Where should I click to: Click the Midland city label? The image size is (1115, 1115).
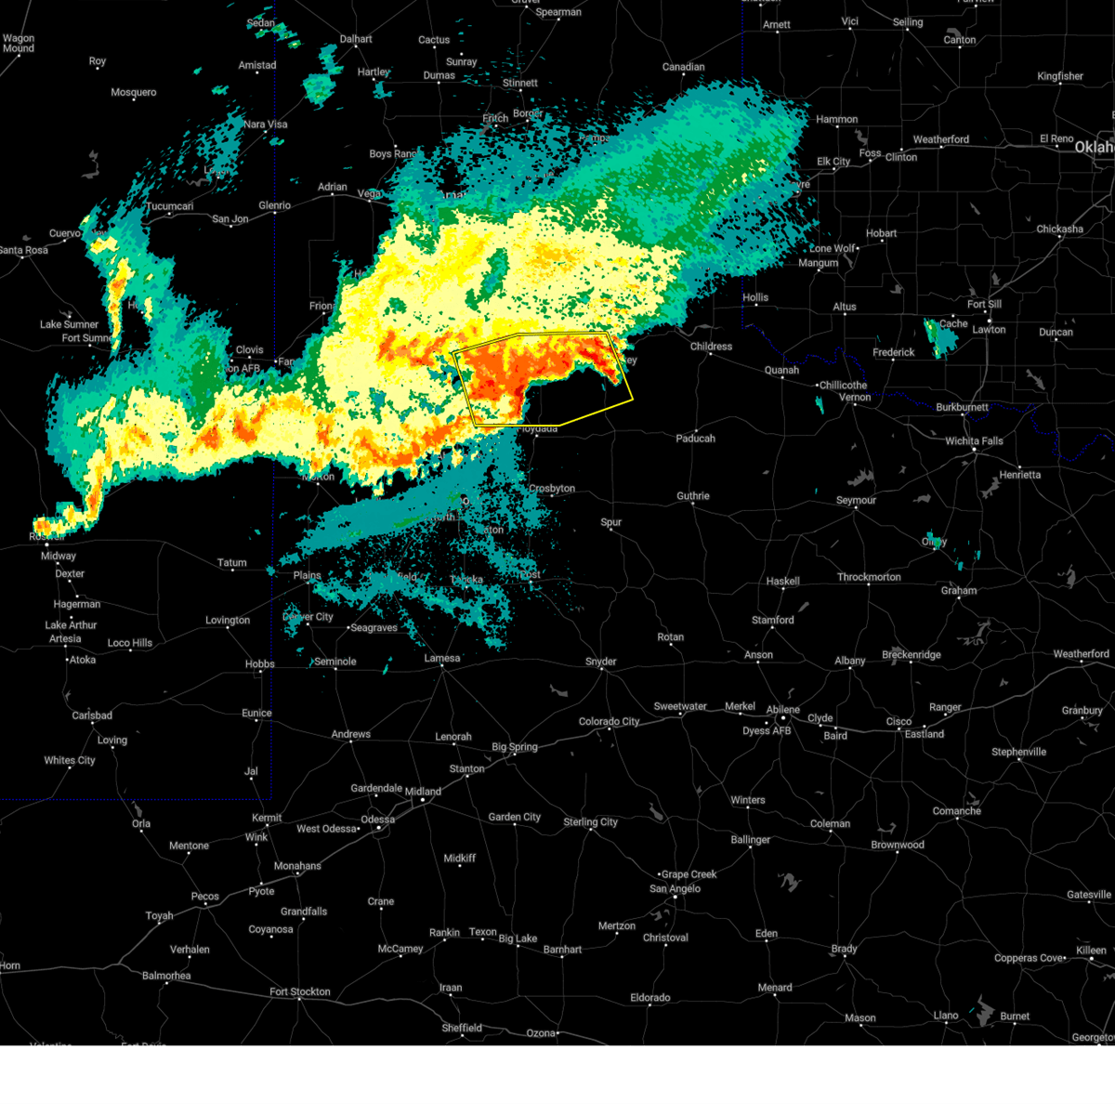click(x=423, y=792)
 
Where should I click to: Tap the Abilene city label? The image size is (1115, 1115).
click(x=783, y=710)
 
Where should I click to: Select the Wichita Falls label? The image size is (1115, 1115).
click(x=974, y=441)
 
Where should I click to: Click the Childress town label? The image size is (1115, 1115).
click(x=711, y=347)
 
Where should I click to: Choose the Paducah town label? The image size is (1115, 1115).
click(x=695, y=439)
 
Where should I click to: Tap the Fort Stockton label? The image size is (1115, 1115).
click(x=299, y=992)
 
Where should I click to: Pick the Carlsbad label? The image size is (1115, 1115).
click(x=92, y=715)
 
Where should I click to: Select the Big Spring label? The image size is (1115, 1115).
click(x=514, y=747)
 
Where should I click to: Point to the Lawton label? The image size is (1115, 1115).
click(x=989, y=330)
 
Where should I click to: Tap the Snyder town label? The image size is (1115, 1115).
click(x=600, y=662)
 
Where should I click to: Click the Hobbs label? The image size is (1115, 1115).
click(x=259, y=664)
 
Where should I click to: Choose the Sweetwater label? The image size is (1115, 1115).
click(x=680, y=707)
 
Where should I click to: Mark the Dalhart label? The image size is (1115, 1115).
click(x=355, y=40)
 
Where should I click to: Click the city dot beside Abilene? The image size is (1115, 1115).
click(x=783, y=719)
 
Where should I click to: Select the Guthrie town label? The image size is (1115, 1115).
click(x=692, y=496)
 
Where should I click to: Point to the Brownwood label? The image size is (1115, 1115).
click(x=897, y=846)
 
